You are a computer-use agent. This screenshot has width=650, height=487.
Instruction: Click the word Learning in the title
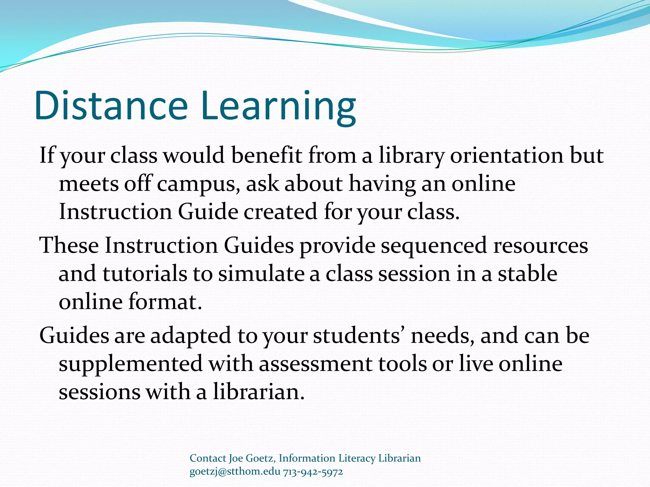tap(278, 106)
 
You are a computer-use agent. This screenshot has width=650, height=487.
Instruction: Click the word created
tap(280, 211)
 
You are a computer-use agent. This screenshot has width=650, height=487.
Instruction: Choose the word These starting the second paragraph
tap(69, 245)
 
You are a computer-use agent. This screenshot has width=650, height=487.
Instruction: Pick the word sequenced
tap(434, 246)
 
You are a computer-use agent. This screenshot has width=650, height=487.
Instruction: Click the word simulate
tap(261, 273)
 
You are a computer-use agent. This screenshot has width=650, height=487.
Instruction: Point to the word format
tap(165, 301)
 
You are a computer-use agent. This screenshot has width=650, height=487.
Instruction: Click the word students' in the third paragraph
tap(359, 335)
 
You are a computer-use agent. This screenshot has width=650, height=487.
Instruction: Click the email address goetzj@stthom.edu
tap(235, 471)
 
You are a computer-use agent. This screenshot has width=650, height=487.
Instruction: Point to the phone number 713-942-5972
tap(313, 471)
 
